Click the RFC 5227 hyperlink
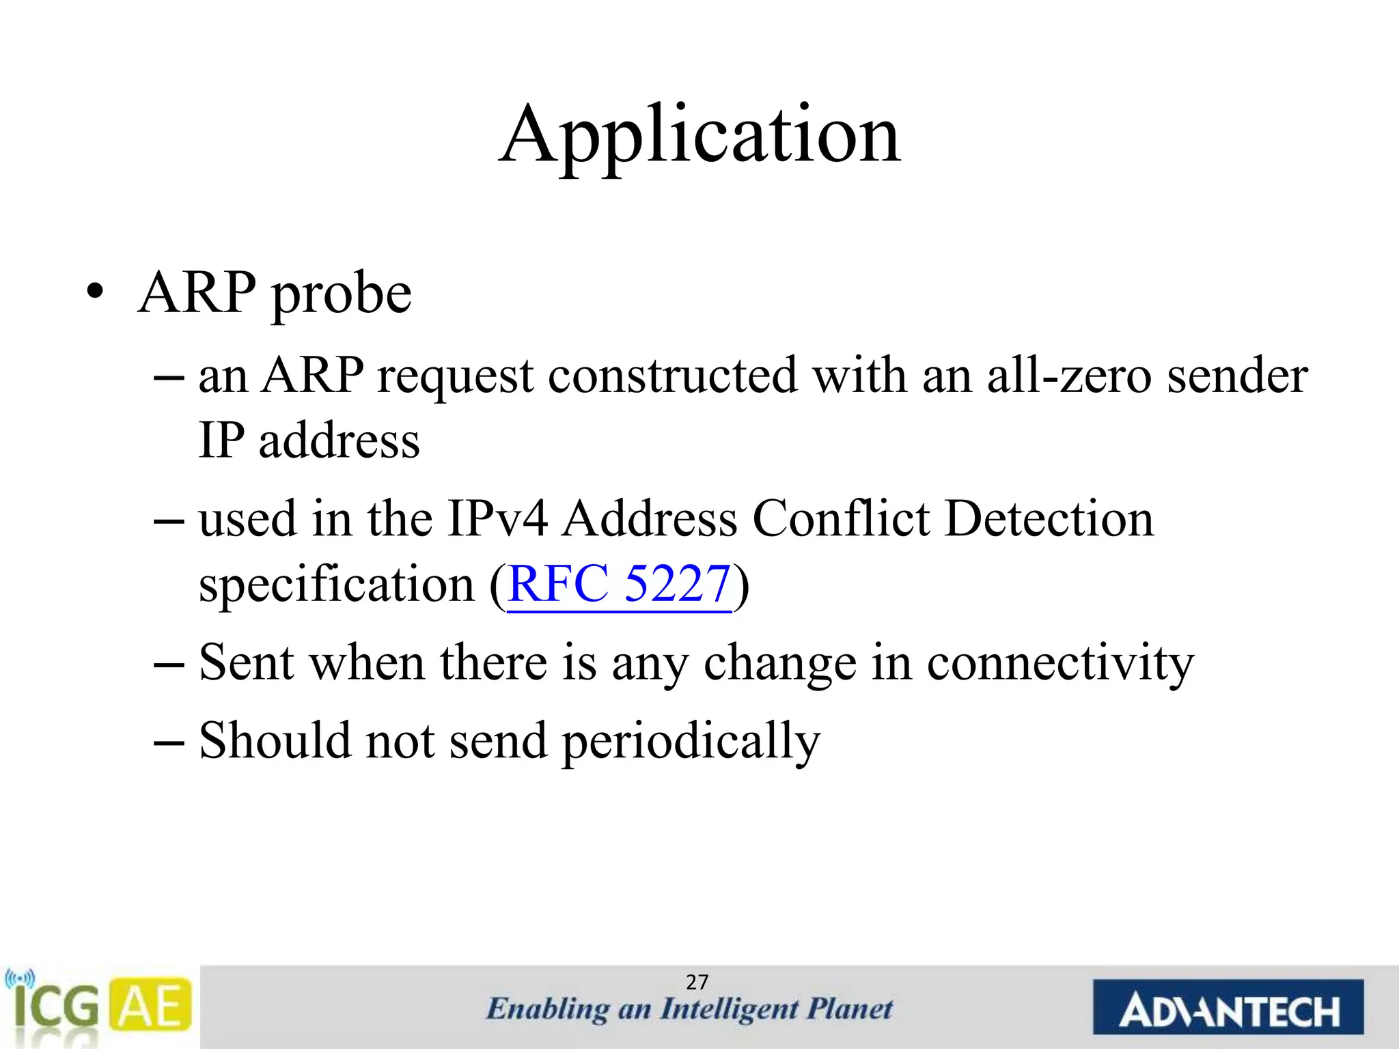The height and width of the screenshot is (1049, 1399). tap(620, 585)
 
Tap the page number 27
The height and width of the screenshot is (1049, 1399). tap(697, 982)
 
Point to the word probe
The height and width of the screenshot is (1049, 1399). tap(342, 294)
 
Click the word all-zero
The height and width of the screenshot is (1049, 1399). tap(1069, 376)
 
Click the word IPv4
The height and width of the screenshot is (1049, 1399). tap(497, 519)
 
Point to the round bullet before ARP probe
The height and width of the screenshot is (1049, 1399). tap(95, 294)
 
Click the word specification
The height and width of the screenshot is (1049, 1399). tap(336, 585)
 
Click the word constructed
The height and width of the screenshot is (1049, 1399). tap(672, 376)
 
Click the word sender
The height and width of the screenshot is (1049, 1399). tap(1237, 376)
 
